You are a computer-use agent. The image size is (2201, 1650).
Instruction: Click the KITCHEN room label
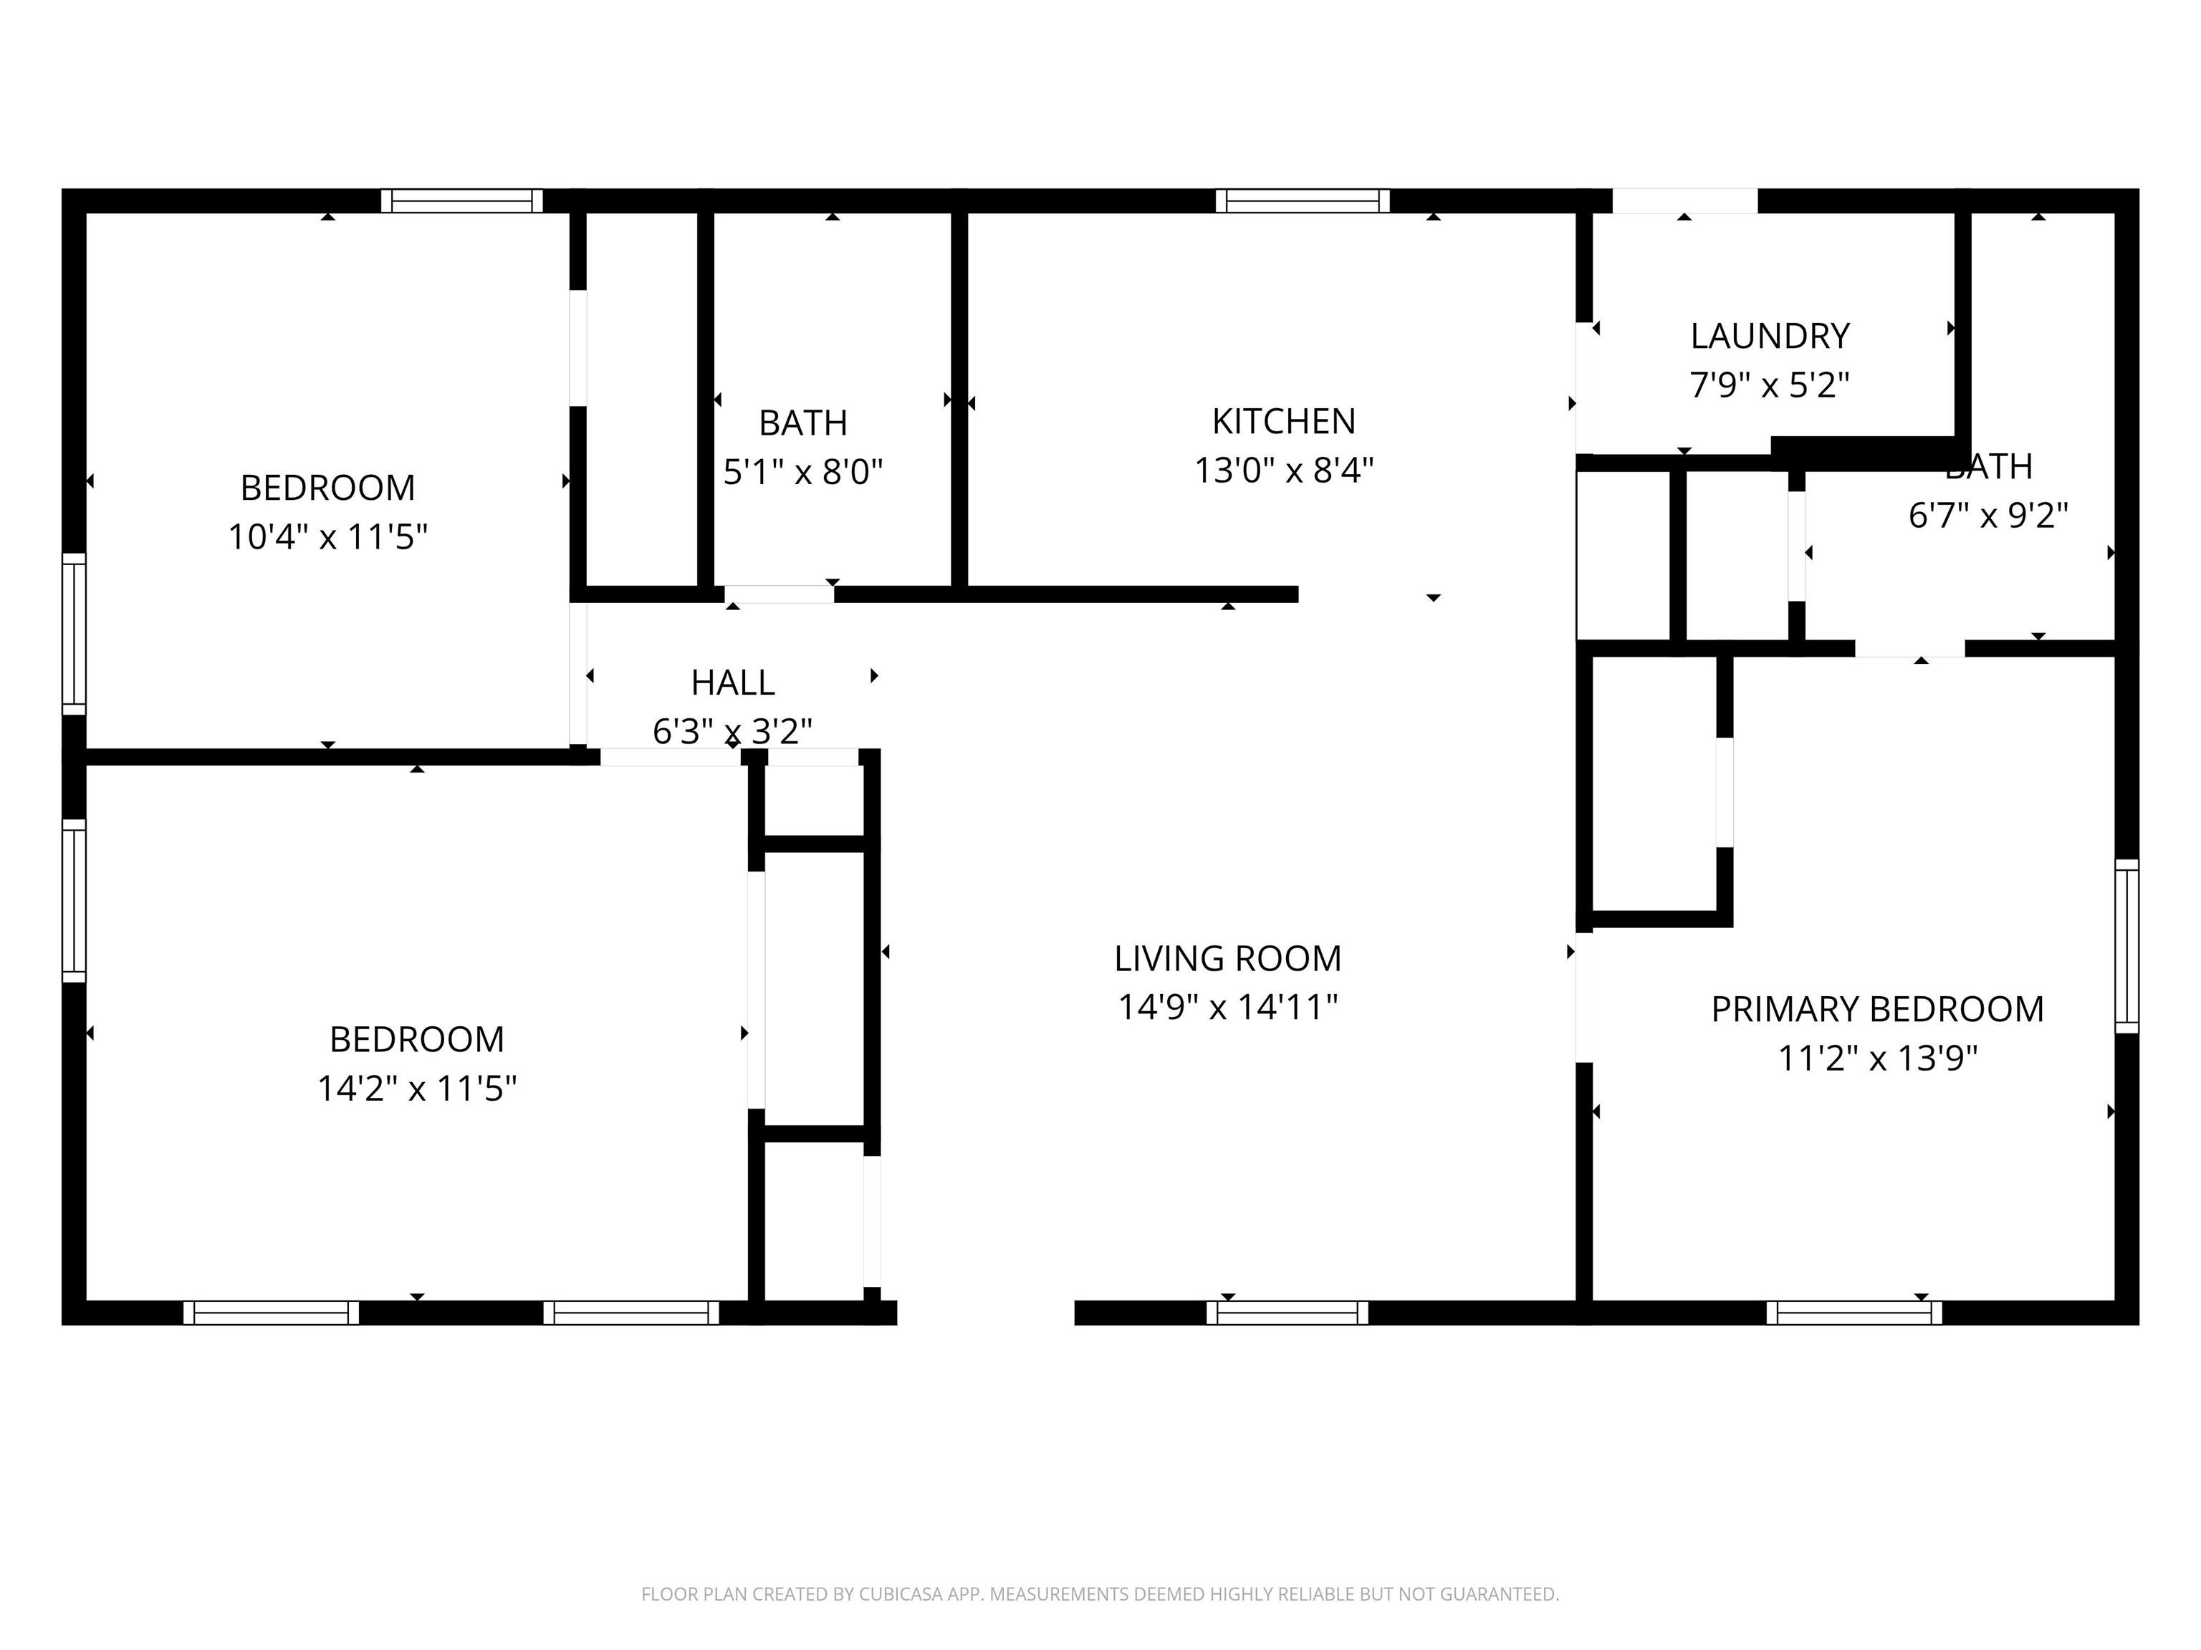click(x=1282, y=422)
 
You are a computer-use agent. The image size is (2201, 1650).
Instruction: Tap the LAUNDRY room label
click(x=1769, y=336)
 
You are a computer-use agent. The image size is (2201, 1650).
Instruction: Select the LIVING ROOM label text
click(x=1227, y=959)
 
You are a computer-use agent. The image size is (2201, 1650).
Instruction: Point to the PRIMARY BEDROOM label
click(x=1876, y=1010)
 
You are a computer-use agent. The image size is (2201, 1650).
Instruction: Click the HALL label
click(x=732, y=683)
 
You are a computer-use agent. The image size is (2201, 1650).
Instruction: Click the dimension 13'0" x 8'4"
click(x=1282, y=471)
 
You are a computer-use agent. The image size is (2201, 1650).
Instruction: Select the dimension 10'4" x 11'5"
click(x=327, y=538)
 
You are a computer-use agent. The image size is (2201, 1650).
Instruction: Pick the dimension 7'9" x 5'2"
click(x=1769, y=385)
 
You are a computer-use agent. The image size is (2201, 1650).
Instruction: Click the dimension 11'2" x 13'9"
click(x=1876, y=1058)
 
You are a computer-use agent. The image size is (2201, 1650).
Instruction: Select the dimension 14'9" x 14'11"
click(x=1227, y=1008)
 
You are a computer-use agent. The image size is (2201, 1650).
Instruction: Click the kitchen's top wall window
click(x=1302, y=201)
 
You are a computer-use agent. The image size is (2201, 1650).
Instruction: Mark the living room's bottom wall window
click(x=1287, y=1313)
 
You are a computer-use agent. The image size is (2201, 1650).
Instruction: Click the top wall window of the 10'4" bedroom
click(x=461, y=201)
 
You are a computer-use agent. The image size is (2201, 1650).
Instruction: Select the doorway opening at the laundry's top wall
click(x=1684, y=201)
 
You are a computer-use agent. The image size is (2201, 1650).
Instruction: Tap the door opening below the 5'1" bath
click(x=779, y=594)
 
